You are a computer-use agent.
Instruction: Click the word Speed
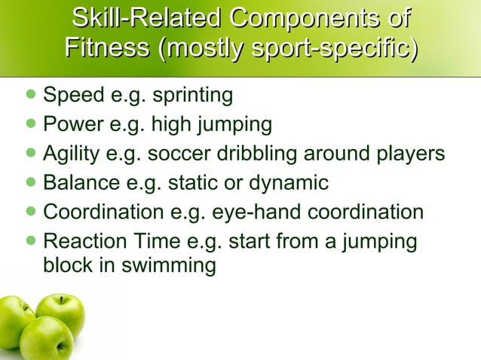click(x=71, y=96)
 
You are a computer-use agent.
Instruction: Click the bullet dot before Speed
click(x=30, y=96)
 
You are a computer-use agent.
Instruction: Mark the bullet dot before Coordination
click(x=30, y=212)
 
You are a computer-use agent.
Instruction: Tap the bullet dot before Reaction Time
click(x=30, y=241)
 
